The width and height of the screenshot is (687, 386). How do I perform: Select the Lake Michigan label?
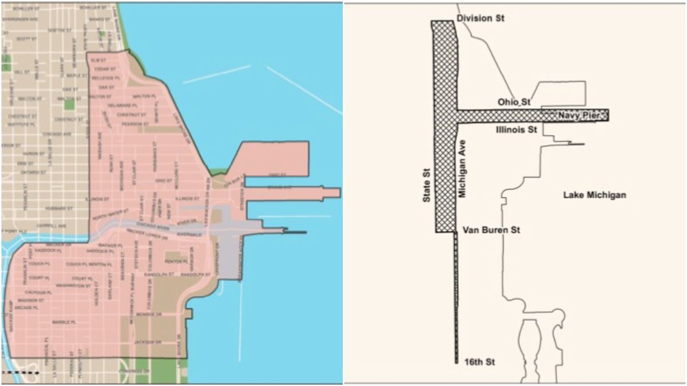(x=594, y=195)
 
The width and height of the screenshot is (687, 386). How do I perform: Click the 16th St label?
(x=479, y=362)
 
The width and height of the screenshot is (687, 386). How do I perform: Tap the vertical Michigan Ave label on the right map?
(x=463, y=169)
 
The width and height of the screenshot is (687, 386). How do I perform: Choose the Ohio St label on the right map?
(x=514, y=102)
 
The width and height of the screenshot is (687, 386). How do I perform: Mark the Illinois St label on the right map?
(x=515, y=130)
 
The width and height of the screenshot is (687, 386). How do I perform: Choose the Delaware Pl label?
(x=127, y=106)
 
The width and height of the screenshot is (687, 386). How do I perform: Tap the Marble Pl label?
(x=64, y=323)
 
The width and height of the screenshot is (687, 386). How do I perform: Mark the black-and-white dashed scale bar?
(x=20, y=372)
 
